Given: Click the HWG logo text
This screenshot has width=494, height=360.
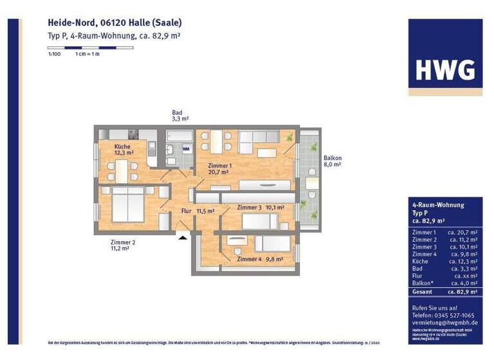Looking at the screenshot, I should (445, 68).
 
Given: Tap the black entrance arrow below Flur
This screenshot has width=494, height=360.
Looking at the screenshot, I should (183, 237).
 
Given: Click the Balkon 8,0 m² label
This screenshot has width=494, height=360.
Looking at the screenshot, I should (332, 161).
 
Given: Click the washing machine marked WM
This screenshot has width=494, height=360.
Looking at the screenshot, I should (186, 148).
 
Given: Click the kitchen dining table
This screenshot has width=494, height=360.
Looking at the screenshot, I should (122, 170).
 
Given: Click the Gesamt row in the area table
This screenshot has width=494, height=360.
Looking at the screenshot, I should (444, 292).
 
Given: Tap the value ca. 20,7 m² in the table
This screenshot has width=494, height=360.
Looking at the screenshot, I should (462, 232).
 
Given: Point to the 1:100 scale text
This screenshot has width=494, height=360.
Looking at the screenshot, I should (54, 55).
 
